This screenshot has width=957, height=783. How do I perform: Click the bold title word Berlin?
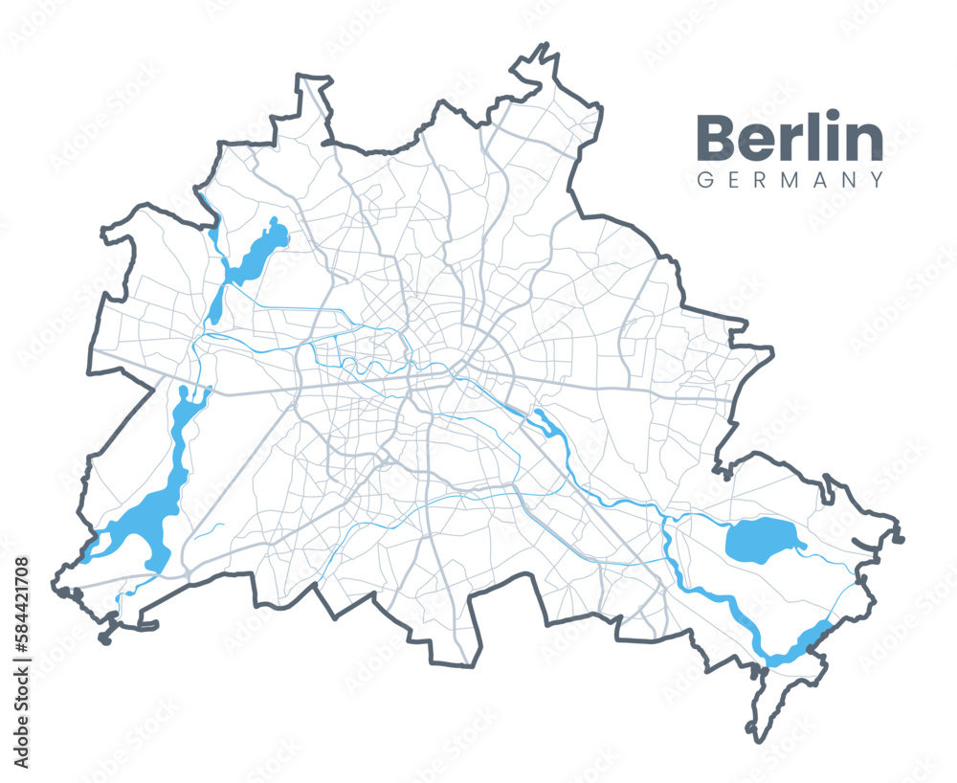click(x=790, y=139)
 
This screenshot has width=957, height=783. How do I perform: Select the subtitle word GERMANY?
click(x=790, y=180)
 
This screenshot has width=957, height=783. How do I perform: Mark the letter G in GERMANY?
click(x=704, y=180)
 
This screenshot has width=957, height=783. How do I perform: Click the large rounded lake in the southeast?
click(x=762, y=542)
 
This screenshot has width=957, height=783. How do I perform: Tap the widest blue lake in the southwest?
click(x=144, y=526)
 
